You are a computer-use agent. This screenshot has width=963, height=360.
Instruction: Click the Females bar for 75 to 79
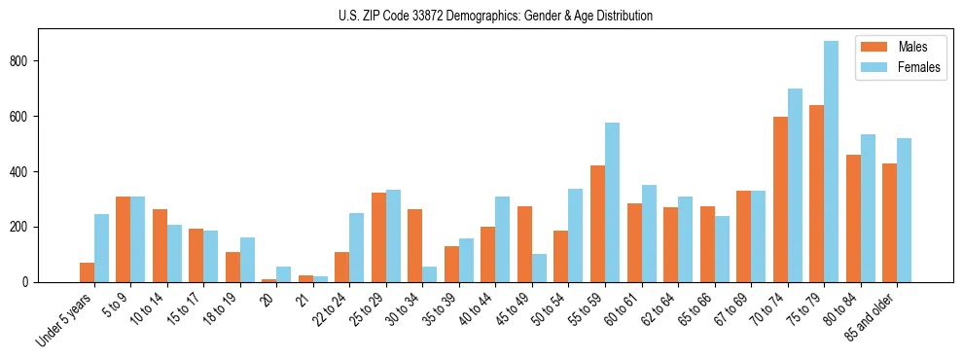(x=831, y=162)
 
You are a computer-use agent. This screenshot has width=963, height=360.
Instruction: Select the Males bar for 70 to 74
(x=780, y=199)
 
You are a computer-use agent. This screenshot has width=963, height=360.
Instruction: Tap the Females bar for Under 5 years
(x=101, y=248)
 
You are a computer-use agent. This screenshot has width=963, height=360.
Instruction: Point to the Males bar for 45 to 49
(x=524, y=244)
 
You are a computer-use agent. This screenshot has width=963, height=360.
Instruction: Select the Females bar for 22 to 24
(x=357, y=247)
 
